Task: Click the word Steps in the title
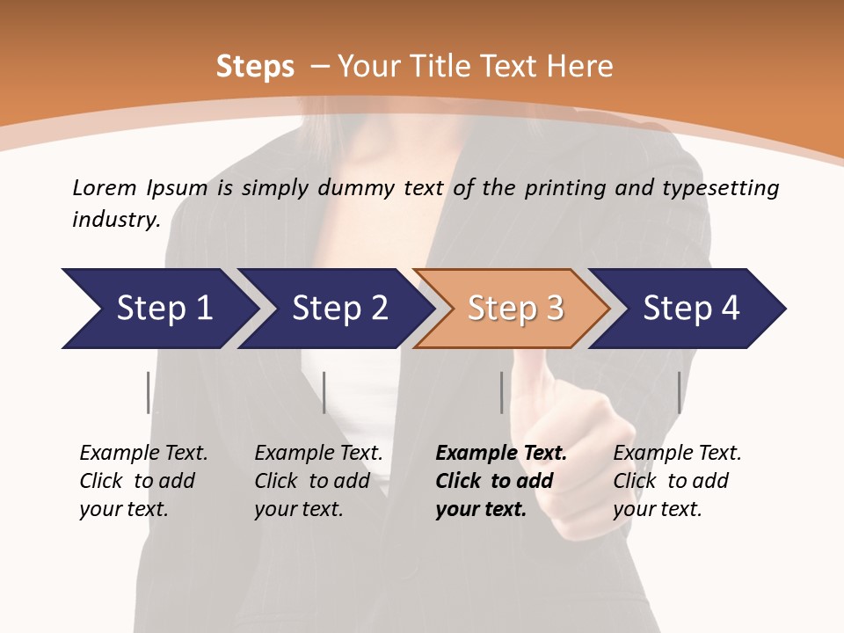tap(255, 67)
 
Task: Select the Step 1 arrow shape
tap(158, 309)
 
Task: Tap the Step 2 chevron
tap(335, 309)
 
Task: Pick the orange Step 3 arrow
tap(511, 309)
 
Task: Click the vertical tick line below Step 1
tap(148, 392)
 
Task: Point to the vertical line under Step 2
tap(324, 392)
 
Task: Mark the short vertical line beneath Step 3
tap(501, 392)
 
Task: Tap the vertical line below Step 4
tap(679, 392)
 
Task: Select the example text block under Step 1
tap(142, 481)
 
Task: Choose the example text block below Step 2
tap(317, 481)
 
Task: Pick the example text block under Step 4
tap(676, 481)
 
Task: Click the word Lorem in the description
tap(104, 188)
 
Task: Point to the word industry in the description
tap(115, 220)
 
